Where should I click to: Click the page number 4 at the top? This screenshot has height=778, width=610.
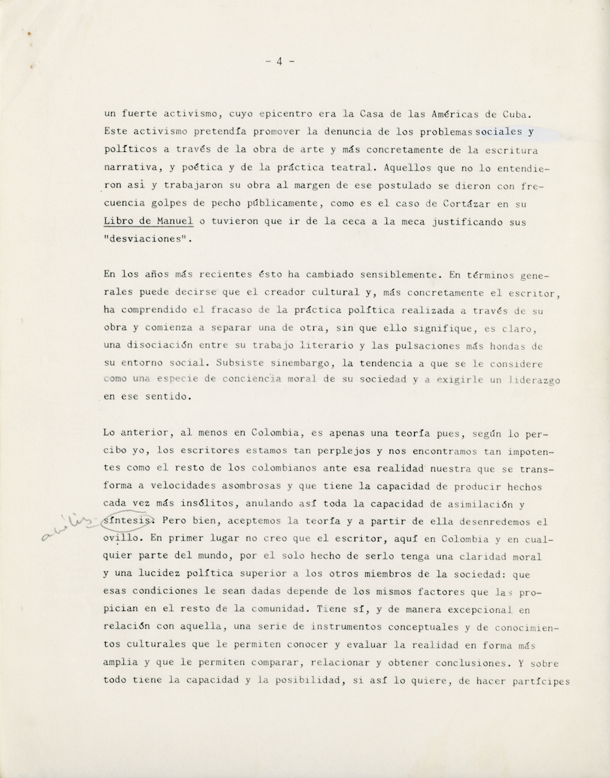pyautogui.click(x=279, y=62)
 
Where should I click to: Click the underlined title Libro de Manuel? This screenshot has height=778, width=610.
pyautogui.click(x=148, y=220)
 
